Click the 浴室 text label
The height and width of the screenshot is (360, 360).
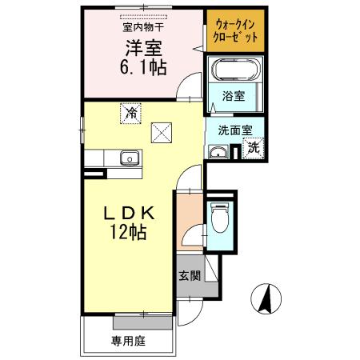tap(234, 96)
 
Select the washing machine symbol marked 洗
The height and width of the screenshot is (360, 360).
tap(253, 147)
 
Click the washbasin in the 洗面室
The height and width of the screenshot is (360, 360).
tap(217, 152)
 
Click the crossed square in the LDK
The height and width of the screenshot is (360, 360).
tap(162, 130)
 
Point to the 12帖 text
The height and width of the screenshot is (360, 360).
tap(128, 234)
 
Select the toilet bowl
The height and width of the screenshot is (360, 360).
tap(220, 217)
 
